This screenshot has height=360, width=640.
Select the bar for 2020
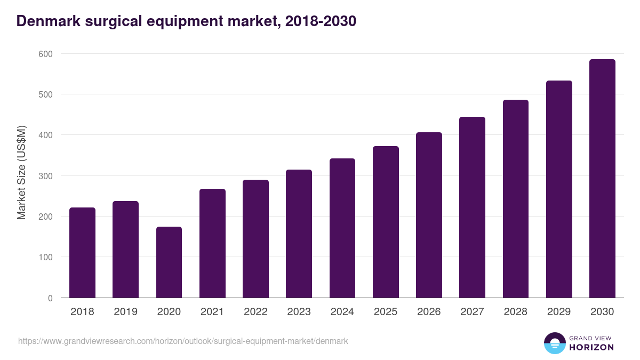(x=169, y=262)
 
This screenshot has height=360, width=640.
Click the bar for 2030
(x=602, y=179)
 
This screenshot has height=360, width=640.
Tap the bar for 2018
(x=82, y=253)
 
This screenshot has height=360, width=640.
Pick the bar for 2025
(x=386, y=222)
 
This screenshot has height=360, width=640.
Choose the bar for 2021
(x=212, y=243)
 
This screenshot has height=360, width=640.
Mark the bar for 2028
(x=516, y=199)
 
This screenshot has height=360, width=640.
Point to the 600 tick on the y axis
(x=46, y=54)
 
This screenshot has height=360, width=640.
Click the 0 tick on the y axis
(x=50, y=298)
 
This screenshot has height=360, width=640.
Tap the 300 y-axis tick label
(x=46, y=176)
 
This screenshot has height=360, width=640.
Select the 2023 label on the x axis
(x=299, y=312)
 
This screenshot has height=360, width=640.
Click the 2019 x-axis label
(x=125, y=312)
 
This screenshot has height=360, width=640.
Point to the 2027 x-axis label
(x=472, y=312)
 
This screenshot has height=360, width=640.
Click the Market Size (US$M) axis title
(x=21, y=173)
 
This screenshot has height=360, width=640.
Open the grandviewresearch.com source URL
(x=183, y=341)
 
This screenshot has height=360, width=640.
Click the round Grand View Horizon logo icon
(x=554, y=343)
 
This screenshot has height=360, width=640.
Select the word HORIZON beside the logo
(x=591, y=347)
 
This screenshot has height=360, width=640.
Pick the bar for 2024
(x=342, y=228)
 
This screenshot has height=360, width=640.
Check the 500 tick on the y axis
(x=46, y=94)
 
